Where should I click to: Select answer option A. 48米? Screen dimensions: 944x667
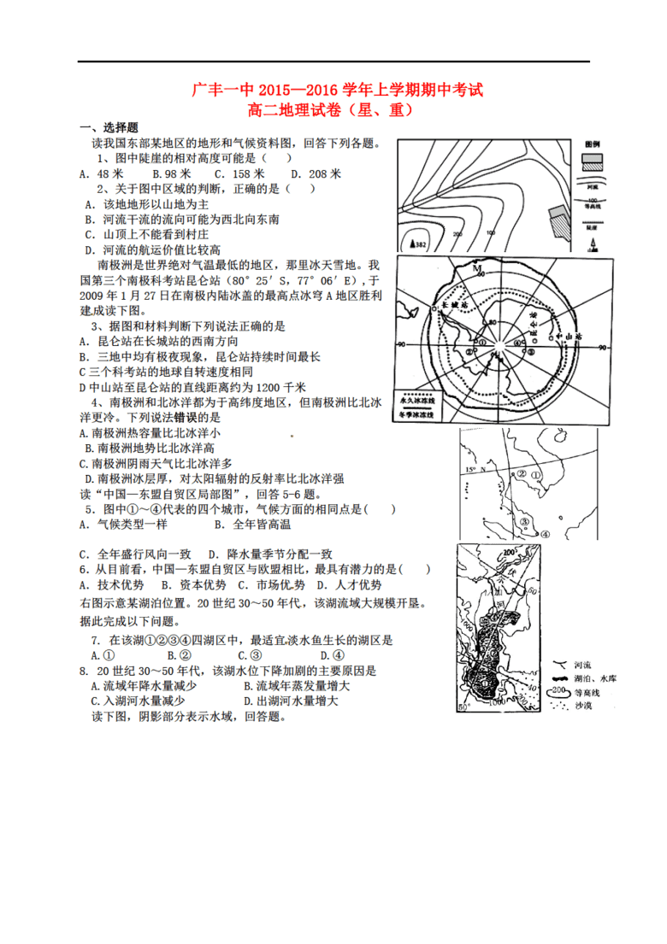click(x=95, y=173)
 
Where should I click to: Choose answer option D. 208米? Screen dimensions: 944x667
click(x=316, y=173)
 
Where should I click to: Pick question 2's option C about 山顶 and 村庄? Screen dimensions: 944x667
click(x=146, y=233)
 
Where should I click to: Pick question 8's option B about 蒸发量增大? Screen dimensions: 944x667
click(x=296, y=686)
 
